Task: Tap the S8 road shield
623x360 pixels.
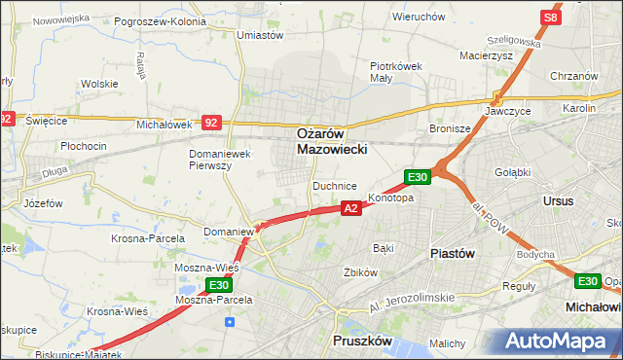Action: [551, 18]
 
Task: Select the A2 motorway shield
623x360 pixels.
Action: [352, 207]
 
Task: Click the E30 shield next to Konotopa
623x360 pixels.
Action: [418, 176]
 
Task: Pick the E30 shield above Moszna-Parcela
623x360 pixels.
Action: [218, 285]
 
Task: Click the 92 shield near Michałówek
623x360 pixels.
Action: [212, 123]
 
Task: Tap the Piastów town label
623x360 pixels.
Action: [453, 252]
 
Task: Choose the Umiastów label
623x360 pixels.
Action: [260, 35]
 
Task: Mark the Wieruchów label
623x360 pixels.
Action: [419, 17]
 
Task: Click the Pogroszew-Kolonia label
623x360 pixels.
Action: [160, 20]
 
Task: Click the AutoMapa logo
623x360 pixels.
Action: [559, 342]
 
